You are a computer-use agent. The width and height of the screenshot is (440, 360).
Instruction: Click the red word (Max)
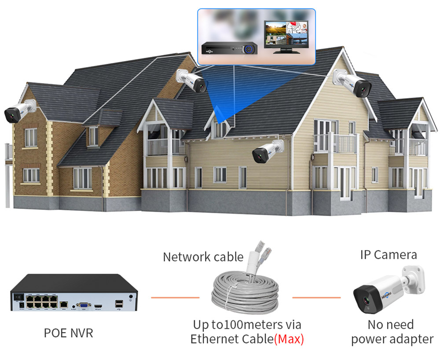(289, 339)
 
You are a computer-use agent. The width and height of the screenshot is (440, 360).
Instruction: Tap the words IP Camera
(388, 254)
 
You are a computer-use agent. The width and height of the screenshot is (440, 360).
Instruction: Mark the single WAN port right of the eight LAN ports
(65, 304)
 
